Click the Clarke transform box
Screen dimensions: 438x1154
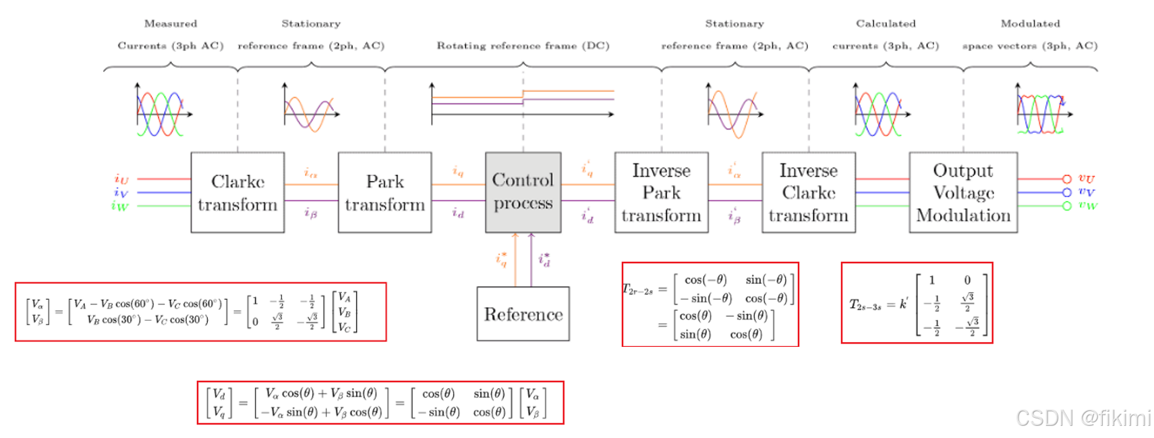pos(237,192)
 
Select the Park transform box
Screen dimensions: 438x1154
pos(384,192)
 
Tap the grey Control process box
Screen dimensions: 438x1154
pos(523,192)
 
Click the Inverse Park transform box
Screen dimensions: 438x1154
pos(661,192)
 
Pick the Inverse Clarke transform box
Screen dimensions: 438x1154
pos(808,192)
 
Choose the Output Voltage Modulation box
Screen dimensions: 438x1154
pos(962,192)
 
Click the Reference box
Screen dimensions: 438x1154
pos(523,314)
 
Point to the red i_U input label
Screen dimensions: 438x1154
pos(121,179)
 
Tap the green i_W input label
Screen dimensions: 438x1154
pos(119,206)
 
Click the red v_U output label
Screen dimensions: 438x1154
pos(1086,178)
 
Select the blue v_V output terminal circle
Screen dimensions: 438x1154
pos(1066,192)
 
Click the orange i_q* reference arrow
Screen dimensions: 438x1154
pos(515,260)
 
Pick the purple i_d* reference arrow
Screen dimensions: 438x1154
pos(531,260)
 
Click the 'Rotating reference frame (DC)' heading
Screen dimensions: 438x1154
pos(523,46)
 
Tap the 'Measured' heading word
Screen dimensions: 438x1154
pos(171,24)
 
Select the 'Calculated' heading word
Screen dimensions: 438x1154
pos(886,24)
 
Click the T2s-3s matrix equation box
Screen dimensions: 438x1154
pos(917,303)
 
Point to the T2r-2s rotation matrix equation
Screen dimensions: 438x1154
pos(710,304)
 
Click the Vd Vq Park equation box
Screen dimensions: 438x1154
pos(380,403)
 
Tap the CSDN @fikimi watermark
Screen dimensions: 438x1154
pos(1083,418)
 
